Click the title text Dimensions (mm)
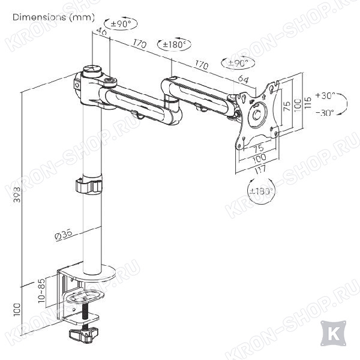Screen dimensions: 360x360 click(x=53, y=17)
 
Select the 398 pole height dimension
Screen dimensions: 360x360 click(x=17, y=194)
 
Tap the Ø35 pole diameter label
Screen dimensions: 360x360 click(x=64, y=235)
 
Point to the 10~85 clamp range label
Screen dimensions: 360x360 click(x=42, y=291)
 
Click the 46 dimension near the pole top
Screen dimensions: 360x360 click(x=101, y=31)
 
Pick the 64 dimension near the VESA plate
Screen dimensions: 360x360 click(x=243, y=79)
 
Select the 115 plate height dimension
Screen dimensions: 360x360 click(x=308, y=103)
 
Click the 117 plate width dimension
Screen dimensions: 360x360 click(x=260, y=170)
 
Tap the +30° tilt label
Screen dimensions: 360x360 click(x=325, y=95)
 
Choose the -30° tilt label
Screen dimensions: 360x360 click(x=325, y=113)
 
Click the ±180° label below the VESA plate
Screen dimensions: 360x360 click(x=262, y=191)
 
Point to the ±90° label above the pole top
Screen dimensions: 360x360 click(x=121, y=23)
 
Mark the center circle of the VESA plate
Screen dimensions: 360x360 click(x=257, y=115)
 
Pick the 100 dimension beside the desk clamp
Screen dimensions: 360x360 click(x=17, y=310)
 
